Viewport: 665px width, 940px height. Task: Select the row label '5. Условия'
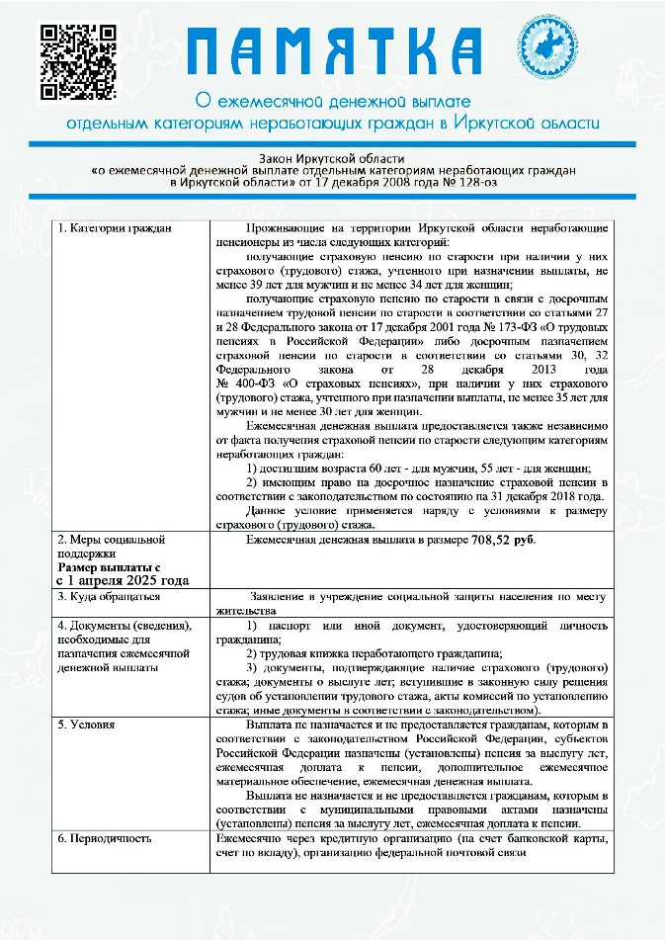pyautogui.click(x=86, y=725)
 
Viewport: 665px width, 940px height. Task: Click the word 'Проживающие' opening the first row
pyautogui.click(x=284, y=228)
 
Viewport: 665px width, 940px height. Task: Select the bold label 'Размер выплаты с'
pyautogui.click(x=109, y=567)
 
